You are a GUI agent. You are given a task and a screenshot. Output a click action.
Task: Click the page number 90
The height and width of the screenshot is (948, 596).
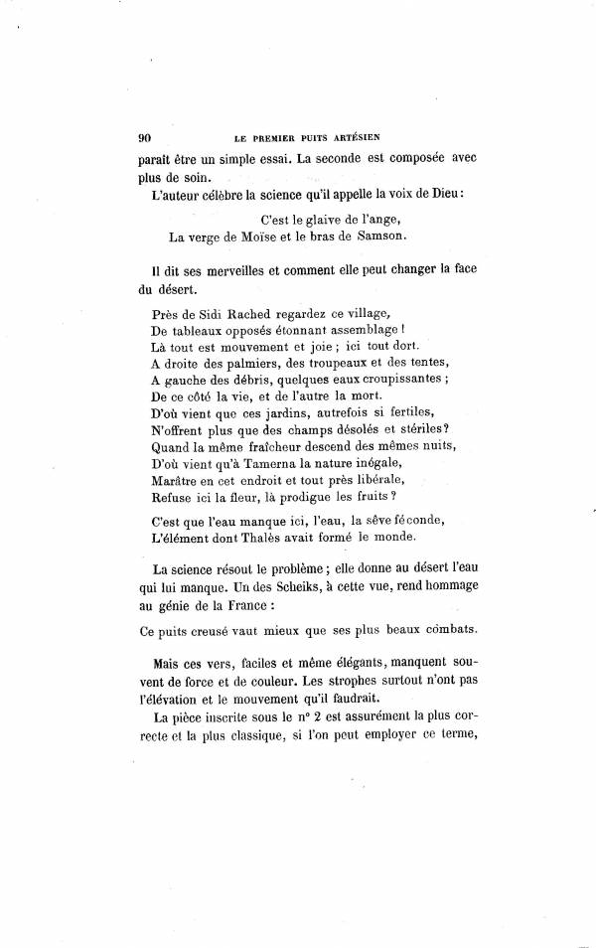pyautogui.click(x=144, y=137)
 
